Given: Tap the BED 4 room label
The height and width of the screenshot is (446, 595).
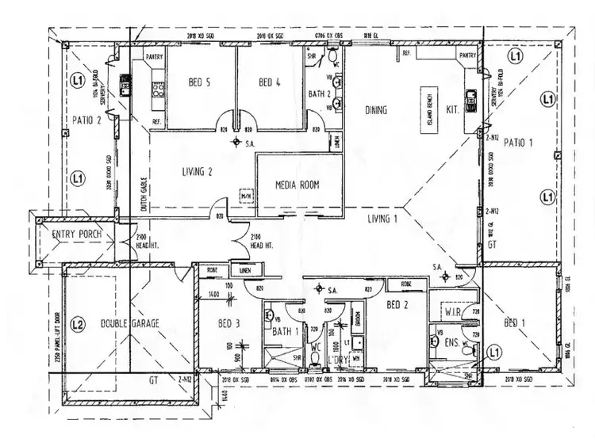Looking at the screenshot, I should (x=271, y=82).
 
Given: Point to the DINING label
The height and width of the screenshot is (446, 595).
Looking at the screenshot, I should (x=374, y=110).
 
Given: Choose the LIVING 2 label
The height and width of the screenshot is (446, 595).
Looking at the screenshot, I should (x=198, y=170).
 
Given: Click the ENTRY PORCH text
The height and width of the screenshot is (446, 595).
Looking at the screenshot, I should (x=74, y=235).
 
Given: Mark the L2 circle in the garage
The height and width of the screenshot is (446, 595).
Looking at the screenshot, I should (x=78, y=323).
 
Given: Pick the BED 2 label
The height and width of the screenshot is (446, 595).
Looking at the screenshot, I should (x=397, y=304).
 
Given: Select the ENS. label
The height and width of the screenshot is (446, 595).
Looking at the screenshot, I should (x=453, y=342).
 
